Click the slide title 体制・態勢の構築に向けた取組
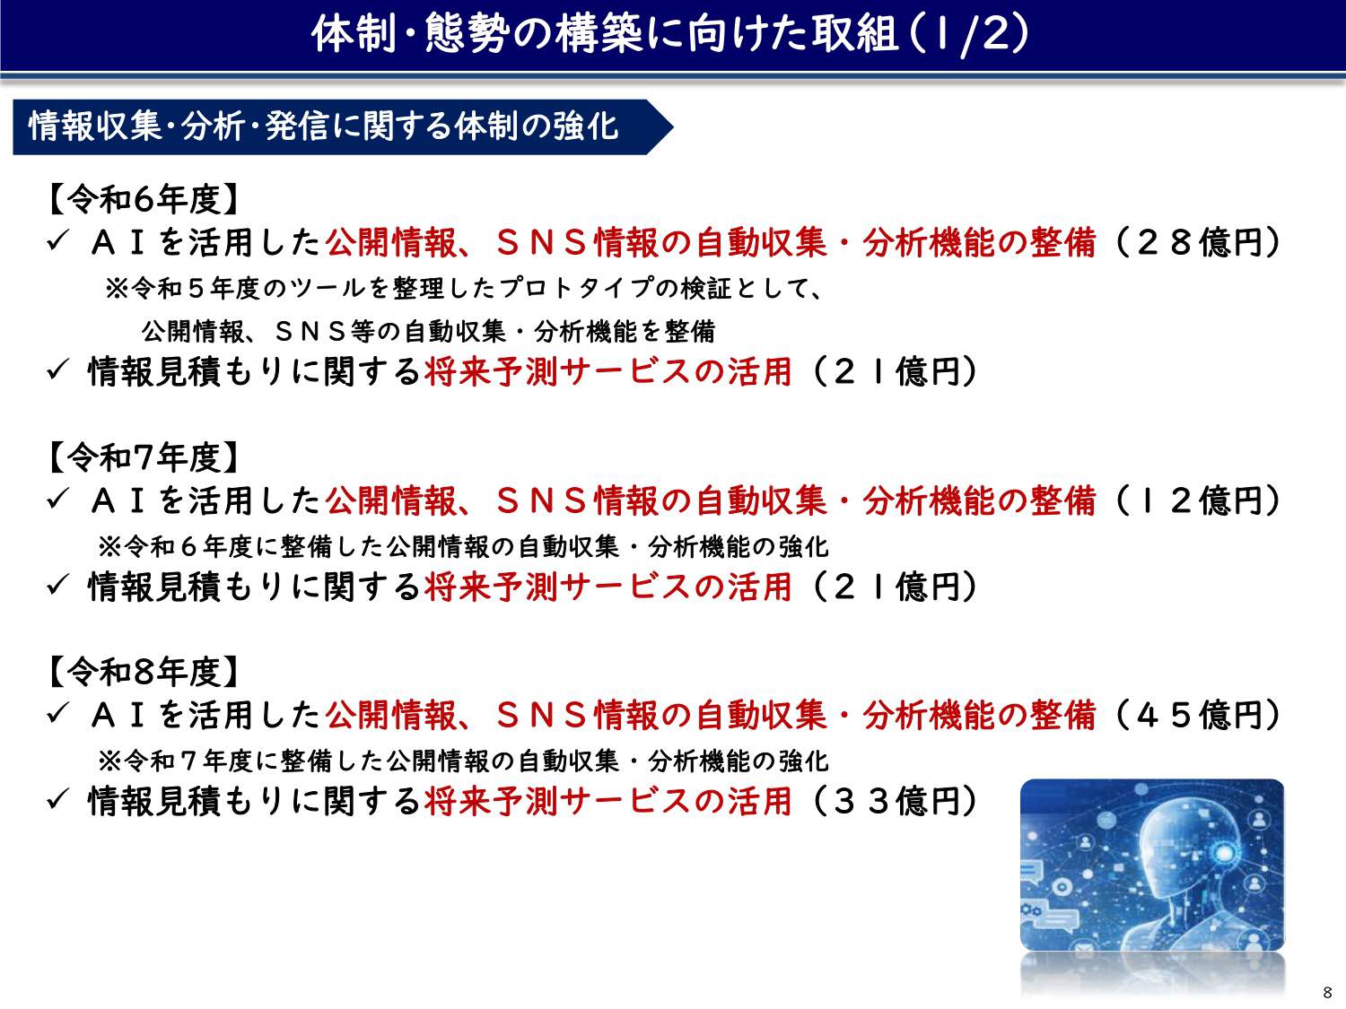click(604, 34)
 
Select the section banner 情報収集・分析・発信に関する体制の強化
click(323, 126)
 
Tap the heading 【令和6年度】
click(143, 199)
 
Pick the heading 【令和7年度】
click(143, 457)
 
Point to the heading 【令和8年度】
click(143, 672)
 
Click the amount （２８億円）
click(1195, 242)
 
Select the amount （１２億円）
click(1195, 500)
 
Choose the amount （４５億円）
click(1195, 715)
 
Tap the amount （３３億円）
click(892, 801)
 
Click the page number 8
click(1327, 993)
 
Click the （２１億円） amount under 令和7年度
click(892, 587)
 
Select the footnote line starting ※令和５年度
click(464, 288)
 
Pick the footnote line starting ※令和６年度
click(463, 546)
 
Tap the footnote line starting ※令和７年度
click(463, 761)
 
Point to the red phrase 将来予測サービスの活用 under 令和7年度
click(607, 587)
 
